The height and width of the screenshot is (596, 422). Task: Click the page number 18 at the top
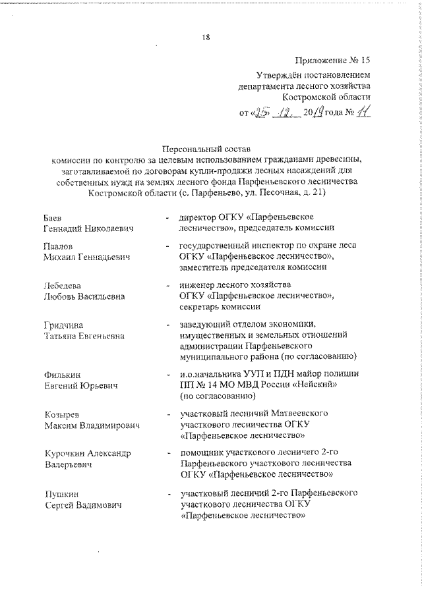pos(205,37)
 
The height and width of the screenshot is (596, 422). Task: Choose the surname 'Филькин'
pos(59,374)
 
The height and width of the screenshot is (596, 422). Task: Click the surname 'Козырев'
pos(59,414)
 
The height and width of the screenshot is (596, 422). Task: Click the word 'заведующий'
pos(204,324)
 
